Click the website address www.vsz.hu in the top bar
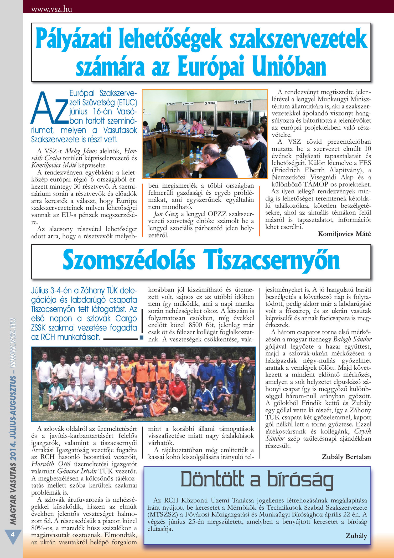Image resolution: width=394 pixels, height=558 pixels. tap(51, 9)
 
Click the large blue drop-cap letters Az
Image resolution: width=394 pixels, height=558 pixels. tap(50, 108)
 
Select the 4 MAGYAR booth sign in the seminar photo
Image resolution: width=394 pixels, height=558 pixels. tap(243, 102)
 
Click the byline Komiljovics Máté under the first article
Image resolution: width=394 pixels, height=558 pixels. tap(344, 234)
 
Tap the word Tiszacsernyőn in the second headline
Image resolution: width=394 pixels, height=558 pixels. tap(272, 260)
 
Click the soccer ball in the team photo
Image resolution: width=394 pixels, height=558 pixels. tap(175, 410)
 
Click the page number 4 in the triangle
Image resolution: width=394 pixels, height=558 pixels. tap(12, 534)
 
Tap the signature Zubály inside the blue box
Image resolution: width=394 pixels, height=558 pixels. tap(356, 536)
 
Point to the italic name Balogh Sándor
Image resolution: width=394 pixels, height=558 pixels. tap(352, 339)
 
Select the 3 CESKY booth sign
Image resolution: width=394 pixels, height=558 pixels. tap(210, 103)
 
